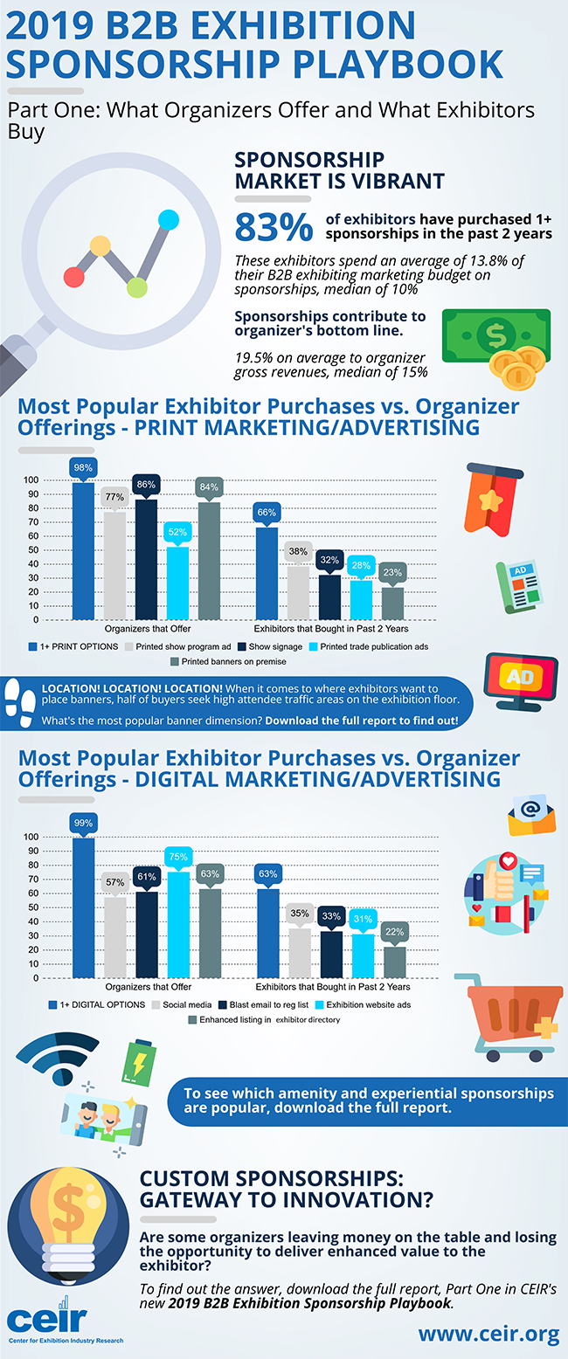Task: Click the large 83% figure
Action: (x=274, y=226)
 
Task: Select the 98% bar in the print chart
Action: (x=83, y=550)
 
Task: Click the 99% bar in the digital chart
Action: (x=83, y=907)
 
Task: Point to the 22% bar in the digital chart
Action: (x=395, y=961)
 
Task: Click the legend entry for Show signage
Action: (x=266, y=646)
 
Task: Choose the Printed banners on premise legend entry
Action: (x=232, y=662)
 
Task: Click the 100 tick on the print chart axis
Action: (x=31, y=480)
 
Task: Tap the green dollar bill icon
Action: (x=495, y=335)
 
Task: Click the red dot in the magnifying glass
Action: (x=74, y=277)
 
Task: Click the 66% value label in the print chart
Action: (x=267, y=513)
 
